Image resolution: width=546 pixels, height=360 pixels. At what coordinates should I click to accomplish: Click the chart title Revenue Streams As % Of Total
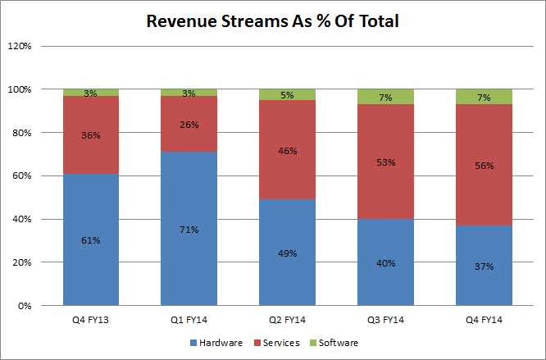click(x=272, y=21)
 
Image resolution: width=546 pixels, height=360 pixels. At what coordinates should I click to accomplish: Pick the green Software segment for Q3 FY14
click(x=385, y=96)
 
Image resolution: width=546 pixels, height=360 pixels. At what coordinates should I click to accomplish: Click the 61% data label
click(x=90, y=240)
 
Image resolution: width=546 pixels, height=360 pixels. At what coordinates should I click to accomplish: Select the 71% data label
click(x=189, y=229)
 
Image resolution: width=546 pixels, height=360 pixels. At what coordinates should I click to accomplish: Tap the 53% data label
click(x=385, y=162)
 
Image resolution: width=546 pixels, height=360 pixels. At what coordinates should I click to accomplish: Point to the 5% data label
click(x=287, y=95)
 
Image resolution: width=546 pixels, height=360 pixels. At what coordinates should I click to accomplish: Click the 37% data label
click(x=484, y=267)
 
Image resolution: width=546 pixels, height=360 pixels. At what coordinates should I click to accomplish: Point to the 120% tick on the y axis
click(x=20, y=46)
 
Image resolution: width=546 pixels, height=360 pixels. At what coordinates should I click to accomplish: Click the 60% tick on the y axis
click(x=21, y=175)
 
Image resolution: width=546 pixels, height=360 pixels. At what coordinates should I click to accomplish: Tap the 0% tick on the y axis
click(x=25, y=306)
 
